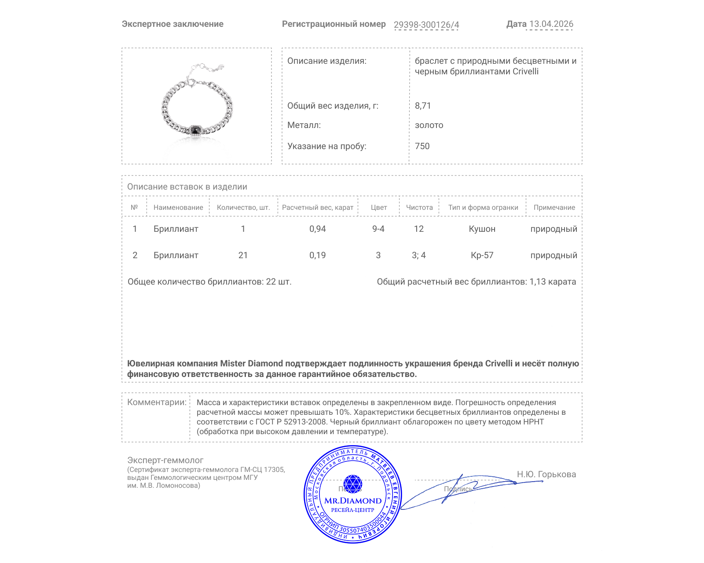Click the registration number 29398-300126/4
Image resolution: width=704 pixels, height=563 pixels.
pyautogui.click(x=426, y=25)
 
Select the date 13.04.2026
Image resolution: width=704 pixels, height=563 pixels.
pyautogui.click(x=551, y=24)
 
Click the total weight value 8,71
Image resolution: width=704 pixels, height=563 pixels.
pyautogui.click(x=423, y=106)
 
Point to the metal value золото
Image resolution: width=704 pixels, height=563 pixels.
pyautogui.click(x=429, y=125)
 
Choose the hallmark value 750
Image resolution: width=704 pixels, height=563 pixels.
pyautogui.click(x=422, y=146)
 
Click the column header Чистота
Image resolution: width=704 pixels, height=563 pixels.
pyautogui.click(x=419, y=208)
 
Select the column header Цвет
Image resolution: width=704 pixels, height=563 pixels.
pyautogui.click(x=378, y=208)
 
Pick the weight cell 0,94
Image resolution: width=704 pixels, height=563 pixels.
pyautogui.click(x=317, y=229)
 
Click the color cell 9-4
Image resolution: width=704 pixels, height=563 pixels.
pyautogui.click(x=378, y=229)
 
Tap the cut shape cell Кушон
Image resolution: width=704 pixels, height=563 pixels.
pyautogui.click(x=482, y=229)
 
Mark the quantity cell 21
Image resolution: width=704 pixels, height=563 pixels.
pyautogui.click(x=243, y=255)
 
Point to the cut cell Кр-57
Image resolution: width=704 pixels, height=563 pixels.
pyautogui.click(x=482, y=255)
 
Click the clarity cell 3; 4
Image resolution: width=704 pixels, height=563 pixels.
pyautogui.click(x=418, y=255)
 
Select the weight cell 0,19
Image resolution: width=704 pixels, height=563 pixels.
pyautogui.click(x=317, y=255)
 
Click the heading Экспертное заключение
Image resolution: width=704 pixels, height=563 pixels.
pyautogui.click(x=172, y=24)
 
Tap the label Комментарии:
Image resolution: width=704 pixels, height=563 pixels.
pyautogui.click(x=157, y=402)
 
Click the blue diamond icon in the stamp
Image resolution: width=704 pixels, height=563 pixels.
pyautogui.click(x=352, y=484)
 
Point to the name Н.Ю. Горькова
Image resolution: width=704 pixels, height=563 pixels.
pyautogui.click(x=546, y=474)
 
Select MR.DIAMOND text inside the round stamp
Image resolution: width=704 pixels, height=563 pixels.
pyautogui.click(x=353, y=501)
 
